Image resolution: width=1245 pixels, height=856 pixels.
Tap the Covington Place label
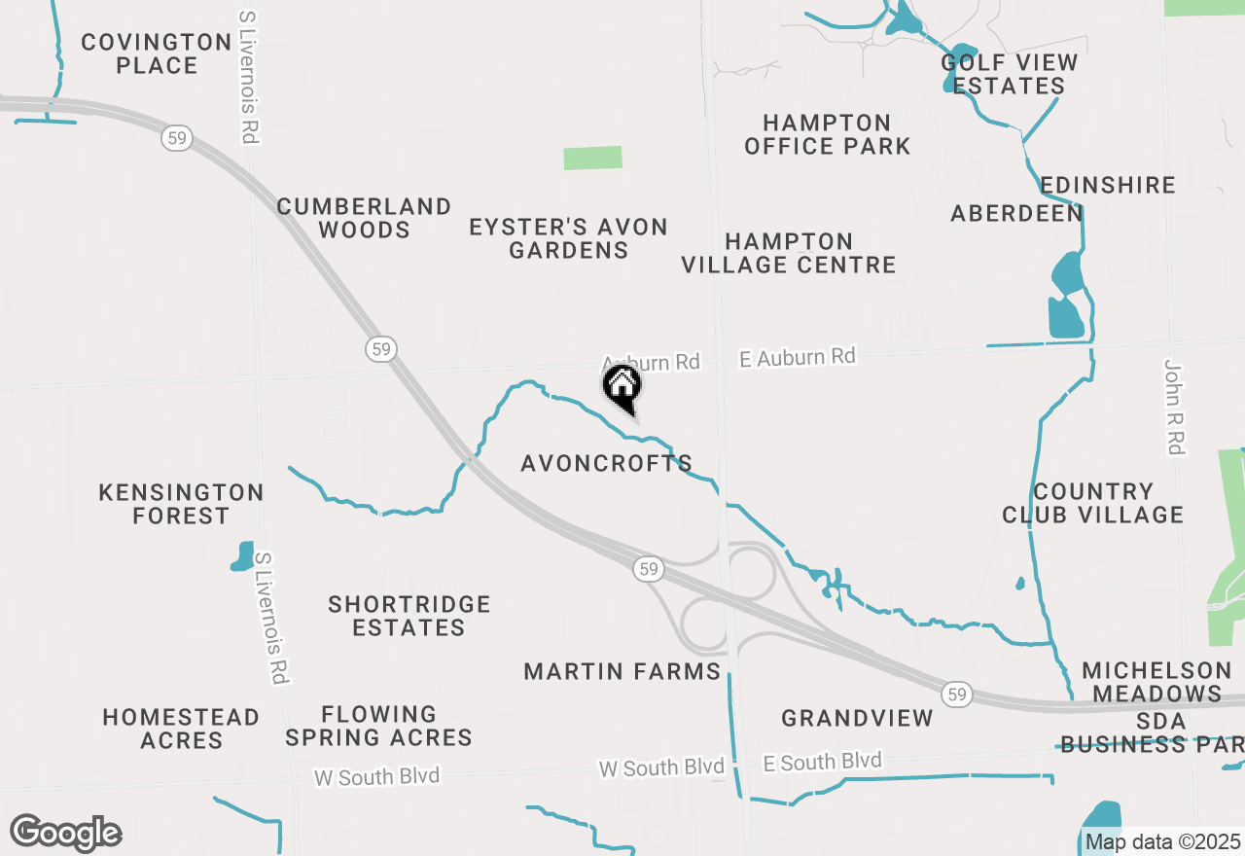(x=157, y=53)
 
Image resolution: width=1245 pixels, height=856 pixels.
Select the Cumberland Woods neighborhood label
(x=364, y=218)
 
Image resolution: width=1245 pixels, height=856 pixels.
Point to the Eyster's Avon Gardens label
(x=568, y=238)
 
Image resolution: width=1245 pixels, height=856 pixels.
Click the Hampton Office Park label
(x=827, y=134)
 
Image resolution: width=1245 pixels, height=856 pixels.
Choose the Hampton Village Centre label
(x=788, y=253)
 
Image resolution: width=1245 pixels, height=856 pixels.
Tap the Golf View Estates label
(x=1010, y=74)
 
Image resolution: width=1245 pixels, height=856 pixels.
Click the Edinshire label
(x=1108, y=185)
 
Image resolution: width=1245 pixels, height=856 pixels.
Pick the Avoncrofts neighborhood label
(x=606, y=464)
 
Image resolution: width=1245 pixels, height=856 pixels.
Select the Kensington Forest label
(x=181, y=504)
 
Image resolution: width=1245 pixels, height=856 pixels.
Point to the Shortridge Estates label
(x=409, y=616)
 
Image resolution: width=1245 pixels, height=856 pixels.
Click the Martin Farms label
(x=622, y=671)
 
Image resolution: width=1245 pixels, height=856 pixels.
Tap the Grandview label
(x=857, y=718)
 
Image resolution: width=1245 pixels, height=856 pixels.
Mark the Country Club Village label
(x=1093, y=503)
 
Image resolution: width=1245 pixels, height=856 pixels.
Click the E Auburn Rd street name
(x=798, y=358)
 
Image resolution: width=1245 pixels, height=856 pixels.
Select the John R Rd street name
(x=1174, y=407)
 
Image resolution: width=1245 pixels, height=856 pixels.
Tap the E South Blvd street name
(x=823, y=762)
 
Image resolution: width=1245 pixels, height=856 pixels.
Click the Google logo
(x=65, y=833)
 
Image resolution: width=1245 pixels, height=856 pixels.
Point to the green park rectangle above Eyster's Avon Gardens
(x=592, y=158)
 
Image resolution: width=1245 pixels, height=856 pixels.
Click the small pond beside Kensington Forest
(x=242, y=556)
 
